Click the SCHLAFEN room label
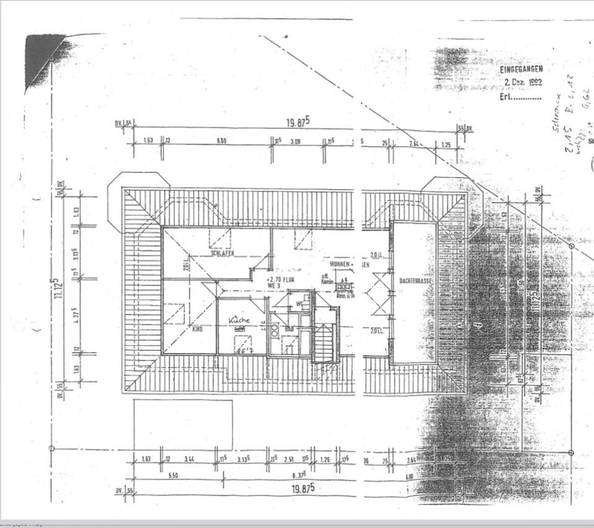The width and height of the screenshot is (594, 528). pyautogui.click(x=221, y=253)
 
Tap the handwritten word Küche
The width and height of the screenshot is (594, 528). pyautogui.click(x=239, y=320)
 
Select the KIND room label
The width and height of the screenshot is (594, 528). pyautogui.click(x=197, y=330)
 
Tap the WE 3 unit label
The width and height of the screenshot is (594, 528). pyautogui.click(x=274, y=286)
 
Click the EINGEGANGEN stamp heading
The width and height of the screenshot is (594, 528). pyautogui.click(x=520, y=69)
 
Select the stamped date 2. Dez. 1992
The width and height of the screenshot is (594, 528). pyautogui.click(x=523, y=82)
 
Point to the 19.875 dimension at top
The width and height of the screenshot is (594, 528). pyautogui.click(x=296, y=122)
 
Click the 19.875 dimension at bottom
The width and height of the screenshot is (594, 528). pyautogui.click(x=303, y=488)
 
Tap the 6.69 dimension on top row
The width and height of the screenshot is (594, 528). pyautogui.click(x=221, y=141)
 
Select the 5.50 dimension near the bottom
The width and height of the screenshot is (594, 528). pyautogui.click(x=173, y=475)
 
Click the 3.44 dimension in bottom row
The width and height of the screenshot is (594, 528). pyautogui.click(x=189, y=459)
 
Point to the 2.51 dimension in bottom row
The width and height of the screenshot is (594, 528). pyautogui.click(x=288, y=459)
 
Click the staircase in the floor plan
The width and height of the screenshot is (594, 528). pyautogui.click(x=323, y=343)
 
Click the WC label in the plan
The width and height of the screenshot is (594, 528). pyautogui.click(x=298, y=304)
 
